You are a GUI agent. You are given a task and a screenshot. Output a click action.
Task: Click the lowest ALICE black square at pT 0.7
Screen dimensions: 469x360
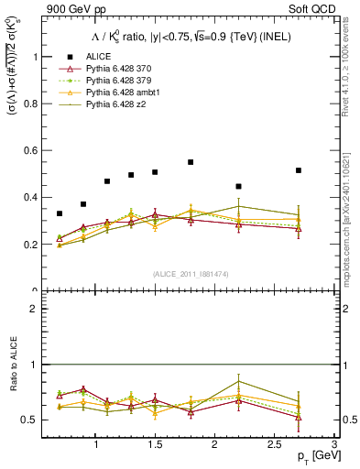pyautogui.click(x=60, y=213)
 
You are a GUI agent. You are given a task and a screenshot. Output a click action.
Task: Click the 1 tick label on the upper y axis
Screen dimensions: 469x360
pyautogui.click(x=35, y=56)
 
